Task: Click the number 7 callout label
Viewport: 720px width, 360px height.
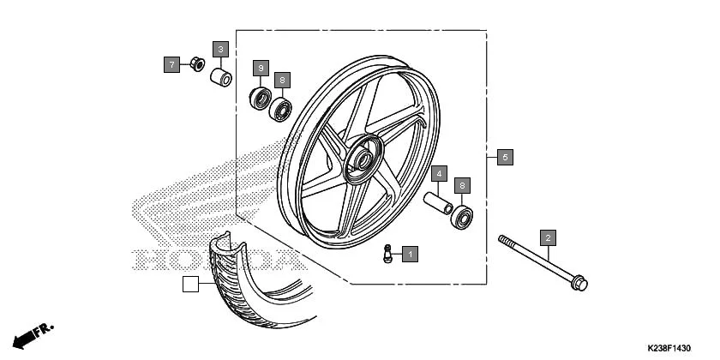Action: pyautogui.click(x=172, y=63)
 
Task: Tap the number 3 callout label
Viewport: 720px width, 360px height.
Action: pyautogui.click(x=220, y=50)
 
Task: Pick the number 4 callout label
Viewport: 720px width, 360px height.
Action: pyautogui.click(x=438, y=173)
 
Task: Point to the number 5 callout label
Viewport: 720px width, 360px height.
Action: pyautogui.click(x=506, y=157)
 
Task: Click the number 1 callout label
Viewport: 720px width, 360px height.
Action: pyautogui.click(x=411, y=254)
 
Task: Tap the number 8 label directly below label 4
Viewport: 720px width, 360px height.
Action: pyautogui.click(x=463, y=184)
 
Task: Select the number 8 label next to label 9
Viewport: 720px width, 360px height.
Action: pyautogui.click(x=282, y=80)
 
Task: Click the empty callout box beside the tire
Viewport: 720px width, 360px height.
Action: pyautogui.click(x=190, y=285)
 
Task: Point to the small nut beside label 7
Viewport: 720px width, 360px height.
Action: pyautogui.click(x=196, y=64)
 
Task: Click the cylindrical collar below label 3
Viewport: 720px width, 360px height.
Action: pyautogui.click(x=222, y=78)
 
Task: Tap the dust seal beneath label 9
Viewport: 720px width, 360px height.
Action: pyautogui.click(x=261, y=98)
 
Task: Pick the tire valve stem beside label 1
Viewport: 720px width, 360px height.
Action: pyautogui.click(x=387, y=255)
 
